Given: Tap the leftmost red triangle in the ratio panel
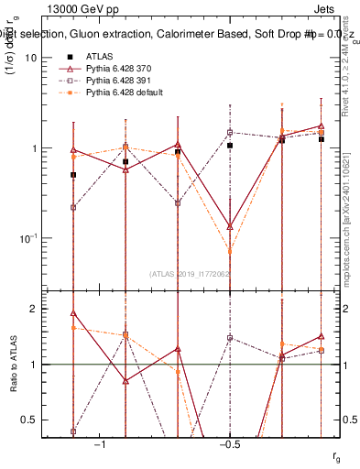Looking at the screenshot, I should pos(73,313).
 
